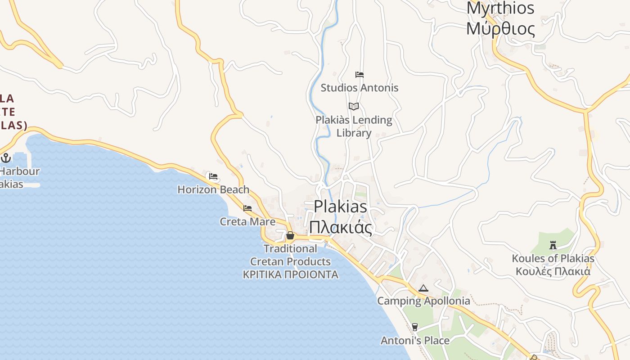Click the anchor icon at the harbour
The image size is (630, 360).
(6, 157)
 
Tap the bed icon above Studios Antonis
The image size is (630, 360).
(359, 75)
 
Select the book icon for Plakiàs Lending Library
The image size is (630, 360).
(354, 107)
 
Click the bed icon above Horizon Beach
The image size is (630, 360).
(213, 176)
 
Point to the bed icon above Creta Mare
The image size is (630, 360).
(247, 208)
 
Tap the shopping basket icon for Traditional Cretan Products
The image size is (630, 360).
(290, 235)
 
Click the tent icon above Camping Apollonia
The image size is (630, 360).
(423, 288)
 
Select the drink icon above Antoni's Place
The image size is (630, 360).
(415, 327)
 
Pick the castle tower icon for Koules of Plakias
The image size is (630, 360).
(553, 245)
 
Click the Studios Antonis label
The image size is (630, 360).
(359, 88)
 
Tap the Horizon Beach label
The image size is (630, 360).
(213, 189)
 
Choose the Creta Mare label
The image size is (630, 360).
(247, 222)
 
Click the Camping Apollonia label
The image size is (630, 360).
(423, 301)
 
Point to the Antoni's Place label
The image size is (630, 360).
(415, 341)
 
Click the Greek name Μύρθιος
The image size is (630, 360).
(500, 29)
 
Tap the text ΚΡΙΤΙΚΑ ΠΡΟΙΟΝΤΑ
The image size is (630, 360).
(290, 274)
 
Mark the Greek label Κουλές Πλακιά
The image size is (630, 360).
(553, 271)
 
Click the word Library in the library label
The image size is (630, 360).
(354, 133)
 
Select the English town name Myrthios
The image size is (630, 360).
(500, 8)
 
